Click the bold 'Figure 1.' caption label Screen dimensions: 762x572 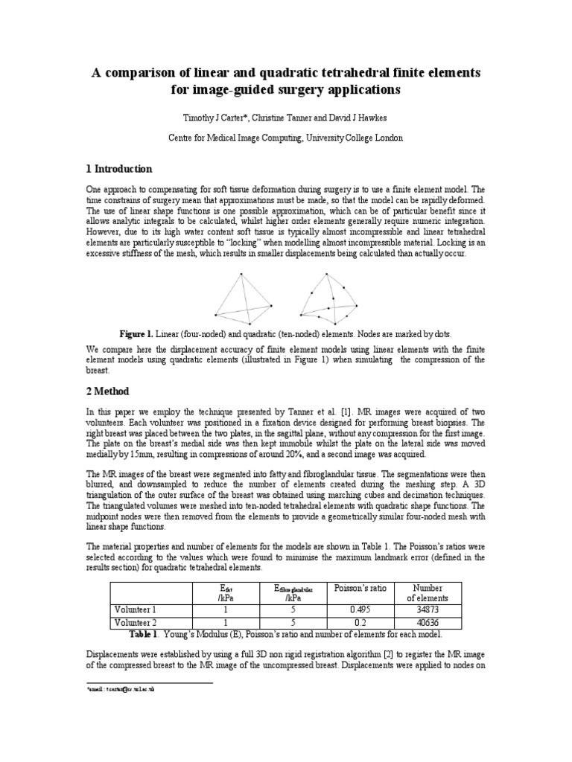click(142, 335)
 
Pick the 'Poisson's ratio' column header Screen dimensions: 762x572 click(360, 588)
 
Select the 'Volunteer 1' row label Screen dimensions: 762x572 click(137, 609)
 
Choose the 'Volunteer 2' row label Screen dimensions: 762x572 click(137, 622)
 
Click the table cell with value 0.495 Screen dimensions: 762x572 click(360, 609)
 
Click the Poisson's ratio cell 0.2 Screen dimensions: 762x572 click(360, 622)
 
